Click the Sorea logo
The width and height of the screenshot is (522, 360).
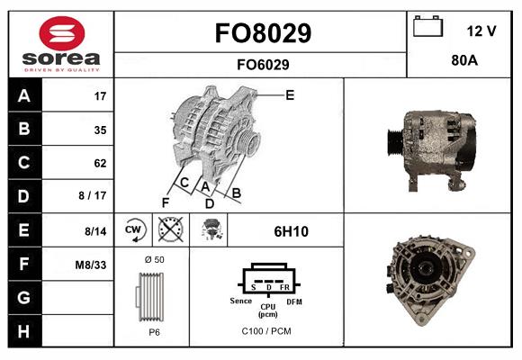pyautogui.click(x=61, y=44)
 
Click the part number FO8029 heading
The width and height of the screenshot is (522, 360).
pyautogui.click(x=262, y=33)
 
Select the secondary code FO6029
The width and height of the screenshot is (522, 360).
pyautogui.click(x=262, y=64)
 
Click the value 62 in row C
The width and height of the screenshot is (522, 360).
pyautogui.click(x=99, y=163)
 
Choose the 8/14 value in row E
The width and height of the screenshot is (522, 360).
pyautogui.click(x=95, y=230)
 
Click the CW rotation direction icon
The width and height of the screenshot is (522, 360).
pyautogui.click(x=134, y=231)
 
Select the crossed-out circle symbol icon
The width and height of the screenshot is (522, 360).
pyautogui.click(x=170, y=231)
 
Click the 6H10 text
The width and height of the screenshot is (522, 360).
pyautogui.click(x=291, y=231)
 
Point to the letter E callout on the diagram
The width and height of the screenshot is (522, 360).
pyautogui.click(x=289, y=94)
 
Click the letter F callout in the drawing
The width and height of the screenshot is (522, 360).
pyautogui.click(x=166, y=202)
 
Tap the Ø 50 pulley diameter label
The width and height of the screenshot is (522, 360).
pyautogui.click(x=153, y=259)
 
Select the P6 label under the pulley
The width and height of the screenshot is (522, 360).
pyautogui.click(x=154, y=331)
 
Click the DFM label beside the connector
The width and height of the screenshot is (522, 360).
pyautogui.click(x=293, y=301)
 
